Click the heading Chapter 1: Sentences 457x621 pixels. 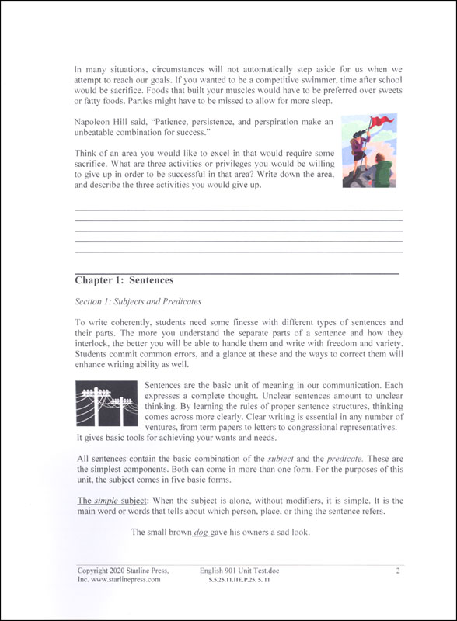click(x=124, y=280)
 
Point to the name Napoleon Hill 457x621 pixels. click(x=108, y=122)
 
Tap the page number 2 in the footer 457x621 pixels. click(x=397, y=571)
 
